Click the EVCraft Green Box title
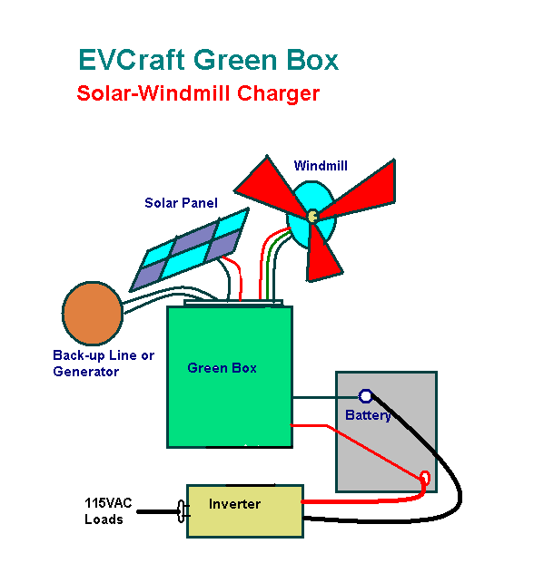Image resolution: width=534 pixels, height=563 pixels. click(209, 60)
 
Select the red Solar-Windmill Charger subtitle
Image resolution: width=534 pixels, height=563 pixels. click(198, 93)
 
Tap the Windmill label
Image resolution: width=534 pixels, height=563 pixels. click(321, 166)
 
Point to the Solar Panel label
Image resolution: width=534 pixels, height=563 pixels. click(181, 203)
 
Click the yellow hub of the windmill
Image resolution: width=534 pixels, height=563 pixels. click(312, 216)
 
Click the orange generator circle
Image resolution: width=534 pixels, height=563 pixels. click(93, 314)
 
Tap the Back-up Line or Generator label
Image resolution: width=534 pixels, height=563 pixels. click(104, 363)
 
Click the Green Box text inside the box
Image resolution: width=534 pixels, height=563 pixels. click(222, 368)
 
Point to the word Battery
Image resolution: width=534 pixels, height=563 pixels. click(368, 415)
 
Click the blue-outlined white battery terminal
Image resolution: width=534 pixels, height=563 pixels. click(366, 396)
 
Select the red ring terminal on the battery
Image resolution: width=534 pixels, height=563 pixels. click(425, 479)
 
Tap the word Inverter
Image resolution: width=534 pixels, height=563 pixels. click(235, 504)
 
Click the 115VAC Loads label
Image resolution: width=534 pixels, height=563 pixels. click(108, 511)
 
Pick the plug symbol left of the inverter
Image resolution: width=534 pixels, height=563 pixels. click(183, 511)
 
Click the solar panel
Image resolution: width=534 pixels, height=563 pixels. click(190, 249)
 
